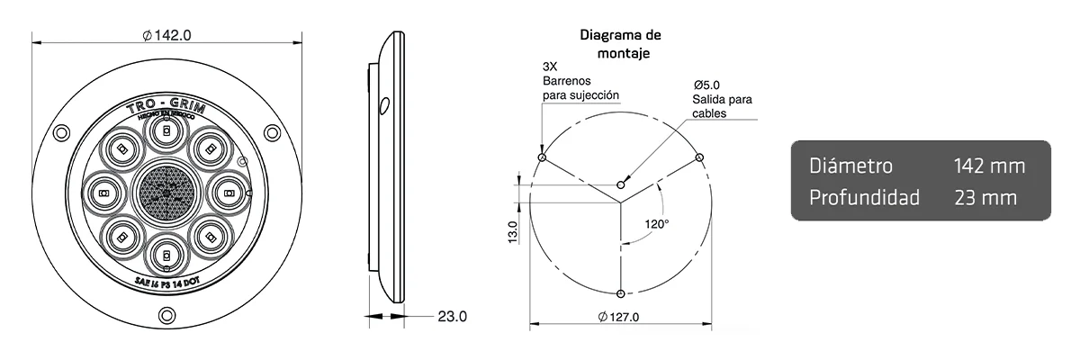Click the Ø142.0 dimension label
coord(166,35)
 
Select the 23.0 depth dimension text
coord(452,316)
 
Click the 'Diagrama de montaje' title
coord(620,44)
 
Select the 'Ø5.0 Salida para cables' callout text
coord(722,99)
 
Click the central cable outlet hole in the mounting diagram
coord(621,185)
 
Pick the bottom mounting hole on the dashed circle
coord(621,293)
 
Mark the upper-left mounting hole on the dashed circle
coord(541,157)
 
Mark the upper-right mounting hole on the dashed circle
coord(700,157)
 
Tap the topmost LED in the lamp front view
coord(166,133)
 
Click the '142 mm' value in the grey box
coord(989,166)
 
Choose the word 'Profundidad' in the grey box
coord(864,197)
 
